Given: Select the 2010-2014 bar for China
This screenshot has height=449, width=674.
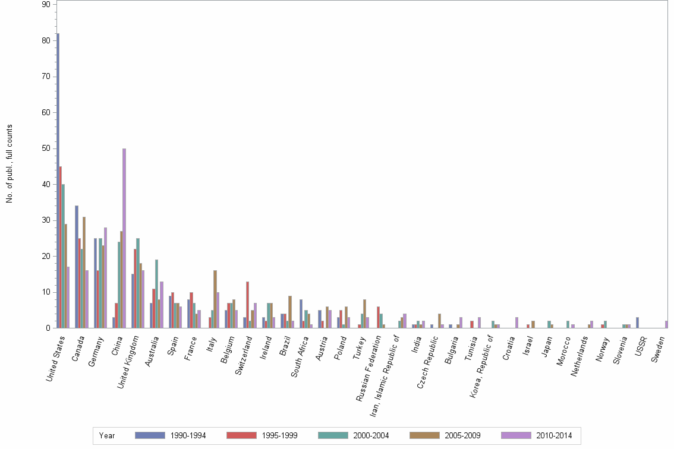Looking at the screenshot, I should pos(124,238).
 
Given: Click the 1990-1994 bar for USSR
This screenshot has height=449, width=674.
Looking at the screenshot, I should pos(637,322).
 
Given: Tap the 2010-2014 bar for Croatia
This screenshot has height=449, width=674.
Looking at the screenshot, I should pos(516,322).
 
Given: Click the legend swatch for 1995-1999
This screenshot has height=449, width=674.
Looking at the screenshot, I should pos(241,435).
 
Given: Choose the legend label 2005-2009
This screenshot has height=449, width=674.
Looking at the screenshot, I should pos(463,436).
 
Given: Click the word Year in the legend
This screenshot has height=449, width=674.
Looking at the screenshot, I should pos(108,436).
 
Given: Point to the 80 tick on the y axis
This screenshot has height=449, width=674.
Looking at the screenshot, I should pos(48,41).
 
